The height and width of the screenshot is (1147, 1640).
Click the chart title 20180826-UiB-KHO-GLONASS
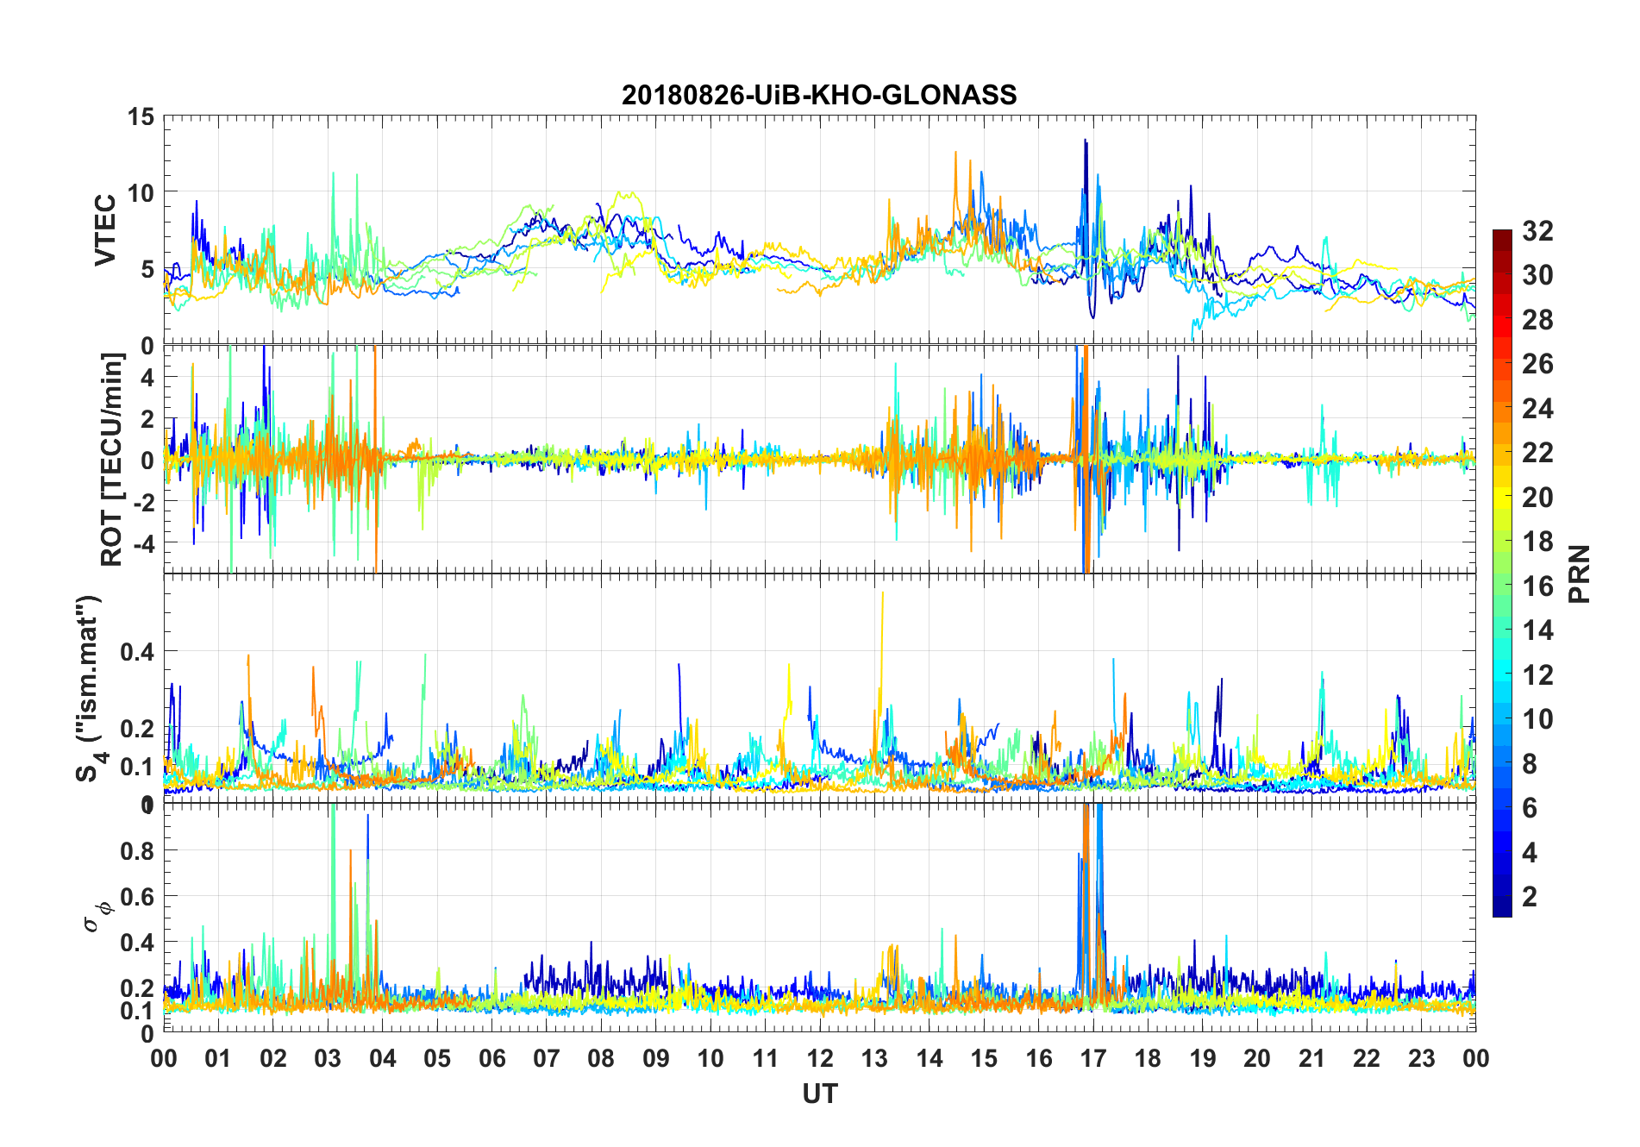pos(819,95)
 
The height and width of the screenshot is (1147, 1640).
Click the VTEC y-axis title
pos(104,230)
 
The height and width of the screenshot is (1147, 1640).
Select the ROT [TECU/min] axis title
pos(111,460)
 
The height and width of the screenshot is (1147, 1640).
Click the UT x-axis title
pos(819,1094)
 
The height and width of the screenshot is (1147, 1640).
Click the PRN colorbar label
pos(1579,574)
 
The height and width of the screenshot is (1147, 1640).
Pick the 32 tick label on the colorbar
pos(1537,231)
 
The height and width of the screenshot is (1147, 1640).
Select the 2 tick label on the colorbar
pos(1530,897)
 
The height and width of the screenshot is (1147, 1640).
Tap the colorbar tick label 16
pos(1537,586)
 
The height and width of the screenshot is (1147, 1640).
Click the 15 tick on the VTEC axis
pos(141,116)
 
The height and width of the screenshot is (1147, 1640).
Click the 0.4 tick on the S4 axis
pos(137,652)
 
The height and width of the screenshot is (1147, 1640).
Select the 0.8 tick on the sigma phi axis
pos(137,851)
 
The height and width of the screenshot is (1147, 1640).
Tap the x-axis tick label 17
pos(1092,1059)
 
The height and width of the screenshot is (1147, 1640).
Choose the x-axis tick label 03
pos(328,1059)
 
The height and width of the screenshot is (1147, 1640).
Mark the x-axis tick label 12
pos(819,1059)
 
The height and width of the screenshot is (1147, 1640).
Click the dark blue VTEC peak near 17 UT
pos(1086,141)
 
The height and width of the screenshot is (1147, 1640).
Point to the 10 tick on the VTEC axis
pos(141,192)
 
